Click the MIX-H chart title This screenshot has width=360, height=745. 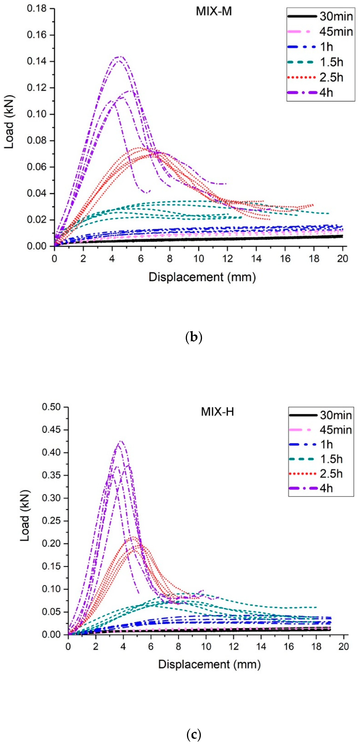(217, 412)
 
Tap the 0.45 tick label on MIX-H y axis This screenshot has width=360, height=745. (51, 430)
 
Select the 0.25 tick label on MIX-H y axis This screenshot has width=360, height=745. (51, 521)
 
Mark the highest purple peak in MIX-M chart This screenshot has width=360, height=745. (120, 56)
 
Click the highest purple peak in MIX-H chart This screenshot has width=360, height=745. (121, 441)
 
